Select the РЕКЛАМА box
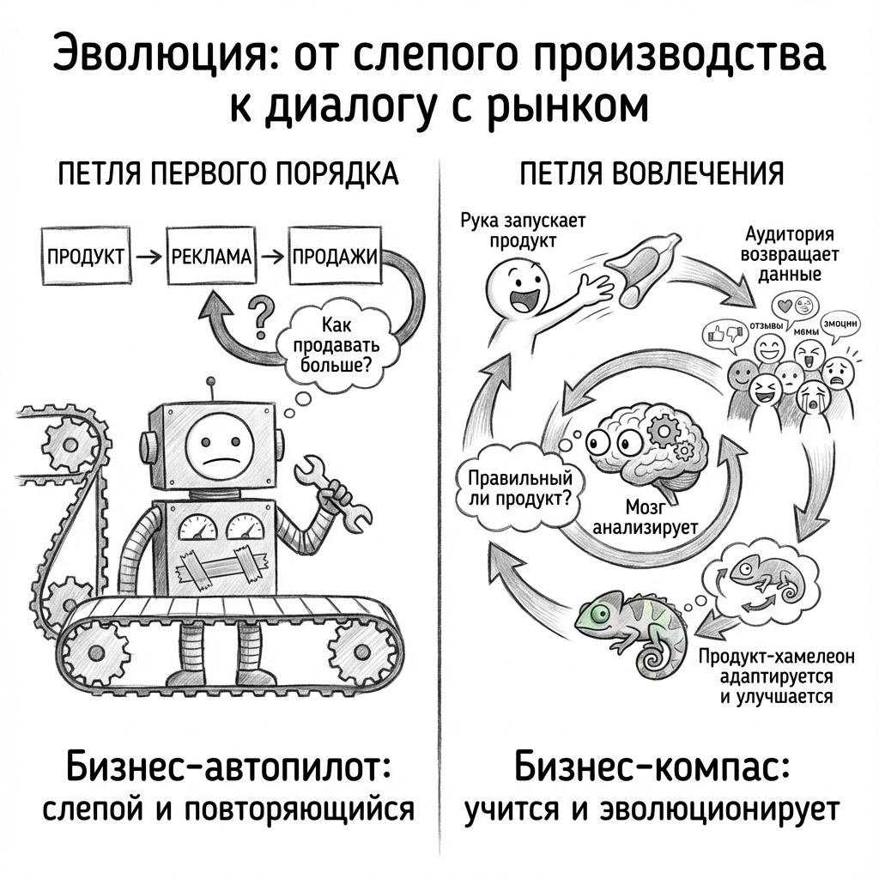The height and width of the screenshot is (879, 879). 212,257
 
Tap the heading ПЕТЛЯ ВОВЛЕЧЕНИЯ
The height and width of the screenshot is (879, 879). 652,173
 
